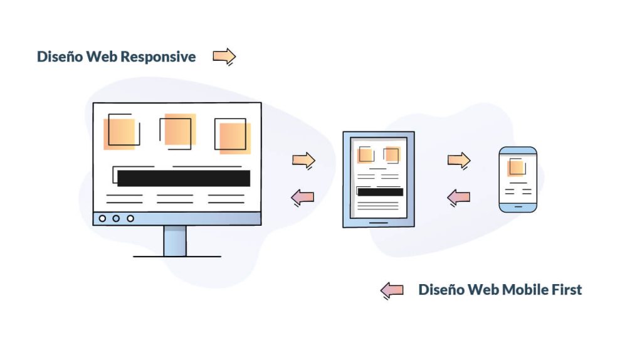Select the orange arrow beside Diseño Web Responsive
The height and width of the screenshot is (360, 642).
click(x=224, y=56)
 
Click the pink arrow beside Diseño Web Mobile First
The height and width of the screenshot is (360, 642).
click(x=392, y=290)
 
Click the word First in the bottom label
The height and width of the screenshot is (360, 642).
click(x=566, y=290)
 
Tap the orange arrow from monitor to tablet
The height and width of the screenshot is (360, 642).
click(x=303, y=160)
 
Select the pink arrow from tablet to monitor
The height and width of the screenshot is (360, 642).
click(x=303, y=198)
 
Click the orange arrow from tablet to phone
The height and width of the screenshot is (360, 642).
click(x=458, y=160)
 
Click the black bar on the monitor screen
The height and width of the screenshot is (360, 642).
click(x=184, y=179)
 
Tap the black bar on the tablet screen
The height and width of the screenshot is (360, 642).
click(x=380, y=192)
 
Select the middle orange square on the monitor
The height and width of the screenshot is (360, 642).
click(x=179, y=130)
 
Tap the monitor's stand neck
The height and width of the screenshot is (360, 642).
click(x=174, y=240)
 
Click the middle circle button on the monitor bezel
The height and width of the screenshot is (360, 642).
click(x=117, y=218)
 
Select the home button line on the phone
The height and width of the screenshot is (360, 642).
click(x=517, y=205)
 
